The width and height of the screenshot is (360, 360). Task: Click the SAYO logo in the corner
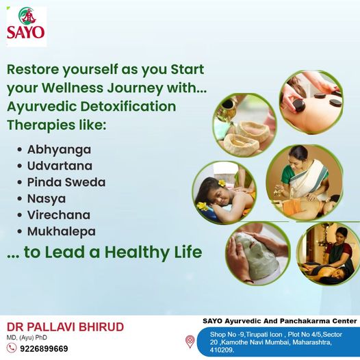27,27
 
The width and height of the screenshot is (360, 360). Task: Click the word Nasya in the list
47,199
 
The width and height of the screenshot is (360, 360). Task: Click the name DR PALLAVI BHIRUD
66,327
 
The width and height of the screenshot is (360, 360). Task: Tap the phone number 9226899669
44,349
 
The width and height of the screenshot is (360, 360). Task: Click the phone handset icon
12,348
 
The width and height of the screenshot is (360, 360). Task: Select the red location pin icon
190,342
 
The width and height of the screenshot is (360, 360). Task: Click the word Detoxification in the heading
128,107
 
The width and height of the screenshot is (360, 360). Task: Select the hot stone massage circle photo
311,103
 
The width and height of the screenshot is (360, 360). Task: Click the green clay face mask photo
258,253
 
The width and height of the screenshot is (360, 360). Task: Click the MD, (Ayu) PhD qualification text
27,337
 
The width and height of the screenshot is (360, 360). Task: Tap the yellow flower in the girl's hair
222,183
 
